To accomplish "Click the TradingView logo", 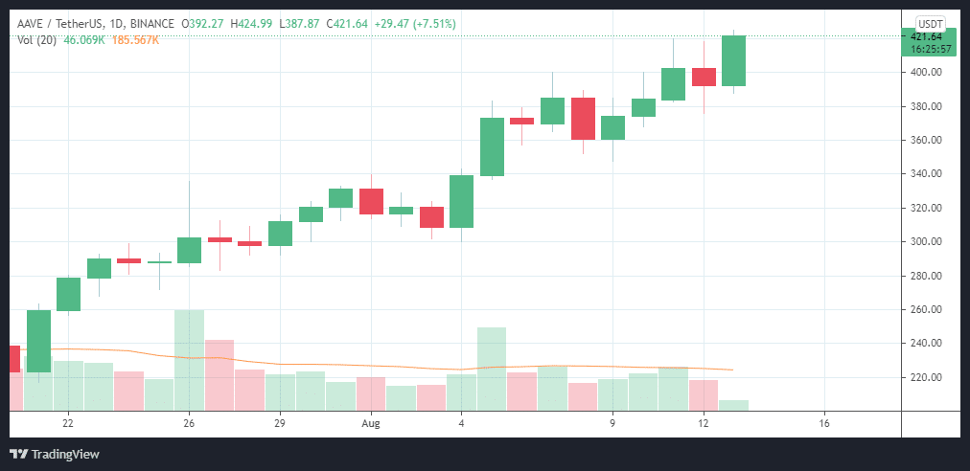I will (55, 454).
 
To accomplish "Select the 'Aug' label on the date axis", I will (371, 422).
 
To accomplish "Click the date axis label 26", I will (189, 422).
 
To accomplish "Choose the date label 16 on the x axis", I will (824, 422).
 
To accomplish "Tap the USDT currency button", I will (932, 23).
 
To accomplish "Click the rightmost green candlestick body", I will (733, 60).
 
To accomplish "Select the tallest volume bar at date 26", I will (189, 359).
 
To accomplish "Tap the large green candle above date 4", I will (462, 201).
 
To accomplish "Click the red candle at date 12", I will (704, 77).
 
